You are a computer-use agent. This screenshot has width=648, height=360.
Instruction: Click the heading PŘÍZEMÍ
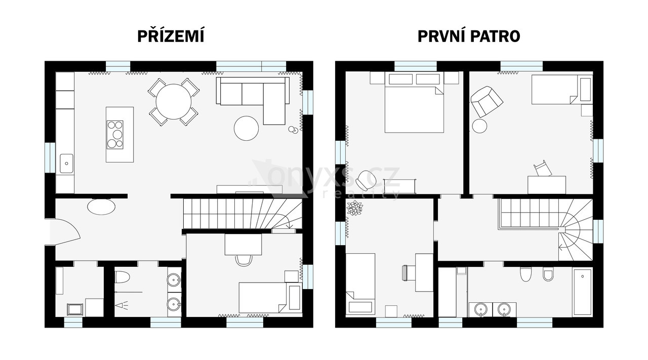(x=171, y=36)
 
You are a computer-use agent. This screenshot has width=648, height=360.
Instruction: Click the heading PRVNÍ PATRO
(x=469, y=36)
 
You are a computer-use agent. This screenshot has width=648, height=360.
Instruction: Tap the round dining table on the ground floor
(x=174, y=102)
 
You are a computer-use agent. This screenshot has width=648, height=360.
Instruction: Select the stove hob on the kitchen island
(x=115, y=135)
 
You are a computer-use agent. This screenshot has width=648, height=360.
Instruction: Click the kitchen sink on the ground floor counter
(x=66, y=164)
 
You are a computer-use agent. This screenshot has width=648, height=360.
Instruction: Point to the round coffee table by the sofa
(x=246, y=128)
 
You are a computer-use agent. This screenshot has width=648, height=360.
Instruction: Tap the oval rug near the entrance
(x=101, y=207)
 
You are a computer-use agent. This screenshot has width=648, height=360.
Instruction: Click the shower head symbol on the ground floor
(x=122, y=305)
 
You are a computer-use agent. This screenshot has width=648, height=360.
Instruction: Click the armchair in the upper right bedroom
(x=487, y=101)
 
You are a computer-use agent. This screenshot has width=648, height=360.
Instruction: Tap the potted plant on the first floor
(x=355, y=208)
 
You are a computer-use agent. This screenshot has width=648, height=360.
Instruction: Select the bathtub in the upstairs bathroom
(x=582, y=292)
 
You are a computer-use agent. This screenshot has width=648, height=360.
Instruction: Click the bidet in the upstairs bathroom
(x=548, y=274)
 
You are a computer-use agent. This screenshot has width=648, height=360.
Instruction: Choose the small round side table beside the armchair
(x=479, y=126)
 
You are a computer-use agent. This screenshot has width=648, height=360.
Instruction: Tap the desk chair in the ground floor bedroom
(x=244, y=260)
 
